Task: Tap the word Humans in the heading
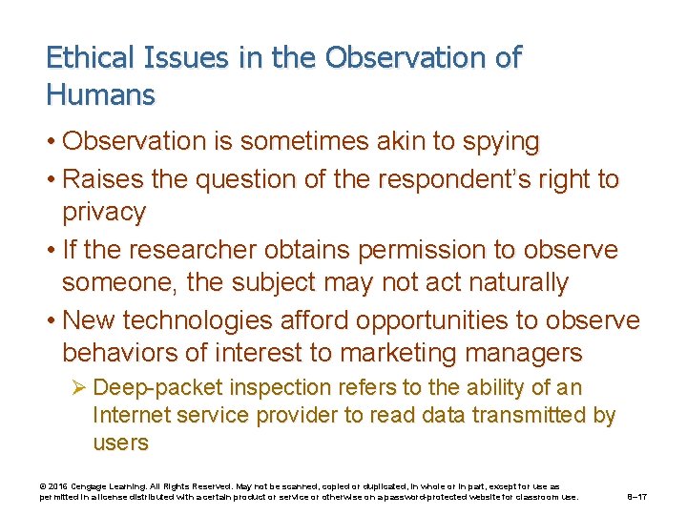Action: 99,94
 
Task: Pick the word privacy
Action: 104,212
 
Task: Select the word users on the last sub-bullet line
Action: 120,443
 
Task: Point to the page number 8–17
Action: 637,497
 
